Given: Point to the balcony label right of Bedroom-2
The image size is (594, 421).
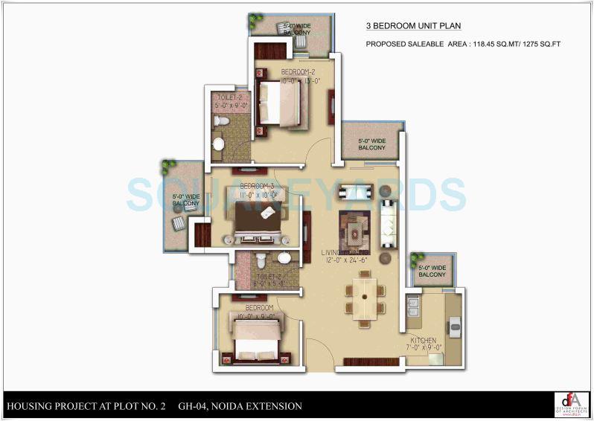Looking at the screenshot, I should tap(371, 144).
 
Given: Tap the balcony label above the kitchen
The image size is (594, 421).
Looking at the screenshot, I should tap(432, 271).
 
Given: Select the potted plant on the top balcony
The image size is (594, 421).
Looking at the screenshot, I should tap(257, 19).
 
